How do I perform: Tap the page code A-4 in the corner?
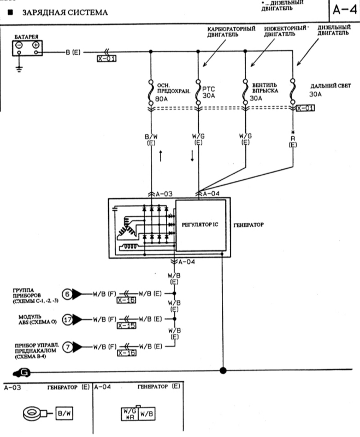pos(344,10)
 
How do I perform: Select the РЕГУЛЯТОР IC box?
pos(200,225)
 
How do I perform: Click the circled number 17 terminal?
pos(67,319)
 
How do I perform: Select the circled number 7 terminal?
pos(67,346)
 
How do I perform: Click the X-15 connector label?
pos(126,326)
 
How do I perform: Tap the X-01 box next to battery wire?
pos(106,58)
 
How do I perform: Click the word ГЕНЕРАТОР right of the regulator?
pos(251,225)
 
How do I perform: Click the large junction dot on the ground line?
pos(223,371)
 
